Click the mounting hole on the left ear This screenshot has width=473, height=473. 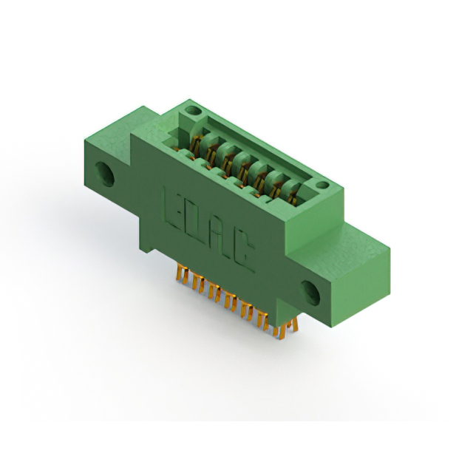coord(105,174)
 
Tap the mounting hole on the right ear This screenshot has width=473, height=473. coord(310,293)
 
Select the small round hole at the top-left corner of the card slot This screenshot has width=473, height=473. coord(193,111)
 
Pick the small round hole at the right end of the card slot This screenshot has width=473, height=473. coord(322,185)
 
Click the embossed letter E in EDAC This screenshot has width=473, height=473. coord(171,209)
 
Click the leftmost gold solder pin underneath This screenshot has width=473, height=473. coord(179,273)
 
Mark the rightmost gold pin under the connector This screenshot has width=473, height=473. coord(294,326)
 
